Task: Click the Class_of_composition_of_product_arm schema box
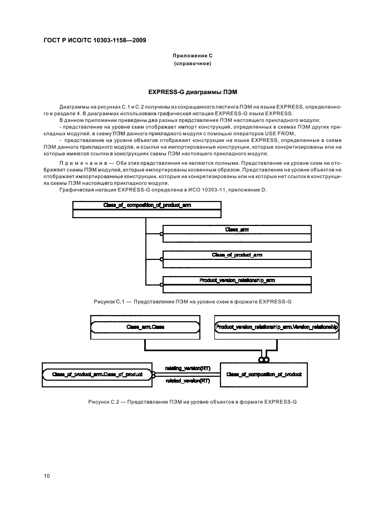147,209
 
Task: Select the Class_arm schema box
237,233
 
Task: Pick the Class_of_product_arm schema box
237,258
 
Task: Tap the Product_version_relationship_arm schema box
237,284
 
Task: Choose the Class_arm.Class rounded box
145,328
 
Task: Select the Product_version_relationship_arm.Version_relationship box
277,328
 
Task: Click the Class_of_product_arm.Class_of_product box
97,375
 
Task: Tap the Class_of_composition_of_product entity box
264,375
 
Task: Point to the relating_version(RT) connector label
187,368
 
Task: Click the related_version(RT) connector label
187,381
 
